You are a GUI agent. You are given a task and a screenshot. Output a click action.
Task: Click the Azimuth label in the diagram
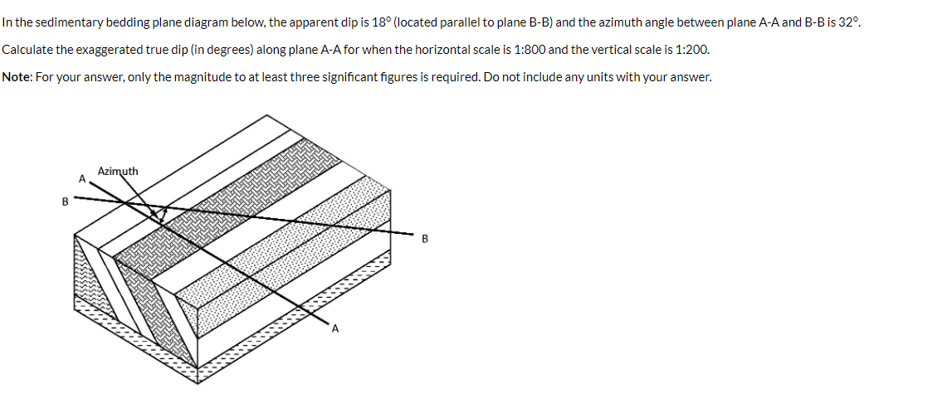pyautogui.click(x=118, y=171)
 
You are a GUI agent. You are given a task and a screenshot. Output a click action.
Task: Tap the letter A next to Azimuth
pyautogui.click(x=81, y=177)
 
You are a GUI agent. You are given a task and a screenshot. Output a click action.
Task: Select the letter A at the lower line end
pyautogui.click(x=334, y=329)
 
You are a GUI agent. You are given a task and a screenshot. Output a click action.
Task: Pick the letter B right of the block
pyautogui.click(x=425, y=240)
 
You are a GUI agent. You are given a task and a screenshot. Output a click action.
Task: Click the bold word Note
pyautogui.click(x=17, y=77)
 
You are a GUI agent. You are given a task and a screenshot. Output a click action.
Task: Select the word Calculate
pyautogui.click(x=26, y=50)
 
